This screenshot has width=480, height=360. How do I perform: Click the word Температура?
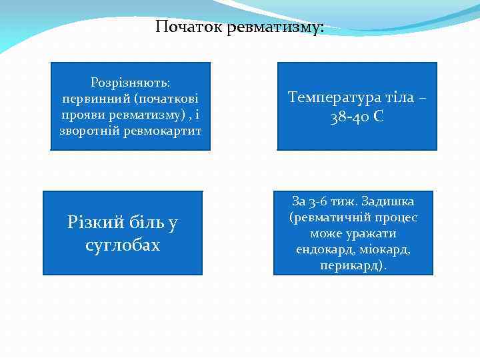click(x=335, y=97)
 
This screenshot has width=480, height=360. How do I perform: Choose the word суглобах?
click(x=123, y=245)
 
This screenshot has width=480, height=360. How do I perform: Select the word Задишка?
click(x=386, y=201)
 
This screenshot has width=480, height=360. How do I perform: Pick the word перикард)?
click(x=353, y=265)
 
